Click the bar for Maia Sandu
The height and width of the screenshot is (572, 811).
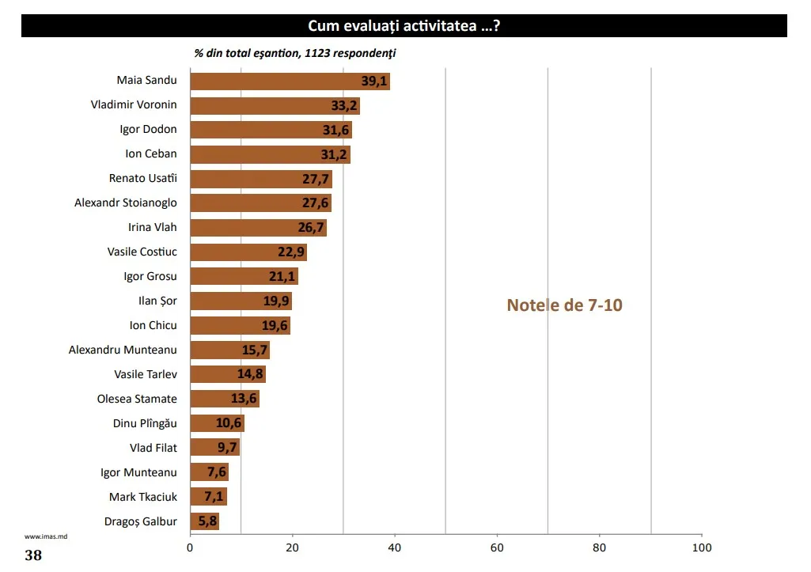(x=290, y=81)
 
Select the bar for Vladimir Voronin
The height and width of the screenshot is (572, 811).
(x=275, y=105)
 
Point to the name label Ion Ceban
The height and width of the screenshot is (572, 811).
(x=151, y=153)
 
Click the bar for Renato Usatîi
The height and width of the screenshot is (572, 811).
(x=260, y=179)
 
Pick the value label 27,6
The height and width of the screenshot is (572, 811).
(x=316, y=203)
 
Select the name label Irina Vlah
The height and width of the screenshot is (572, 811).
(x=153, y=227)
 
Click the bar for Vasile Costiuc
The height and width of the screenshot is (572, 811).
(x=248, y=252)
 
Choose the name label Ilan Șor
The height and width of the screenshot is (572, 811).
(x=158, y=301)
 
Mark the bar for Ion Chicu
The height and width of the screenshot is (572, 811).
(x=240, y=325)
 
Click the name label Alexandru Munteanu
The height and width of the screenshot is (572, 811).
(x=123, y=350)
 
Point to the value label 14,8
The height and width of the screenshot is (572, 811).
(x=250, y=374)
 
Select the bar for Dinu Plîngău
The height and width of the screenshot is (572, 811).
(x=217, y=423)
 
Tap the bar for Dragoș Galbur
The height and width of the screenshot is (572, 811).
(x=204, y=521)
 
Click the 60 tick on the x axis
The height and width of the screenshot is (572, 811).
(x=497, y=547)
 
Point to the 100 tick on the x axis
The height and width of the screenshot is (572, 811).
(x=702, y=547)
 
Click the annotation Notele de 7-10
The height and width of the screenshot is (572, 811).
(x=564, y=305)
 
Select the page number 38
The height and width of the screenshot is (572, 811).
(x=33, y=555)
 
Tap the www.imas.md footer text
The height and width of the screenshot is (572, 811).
(x=40, y=536)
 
